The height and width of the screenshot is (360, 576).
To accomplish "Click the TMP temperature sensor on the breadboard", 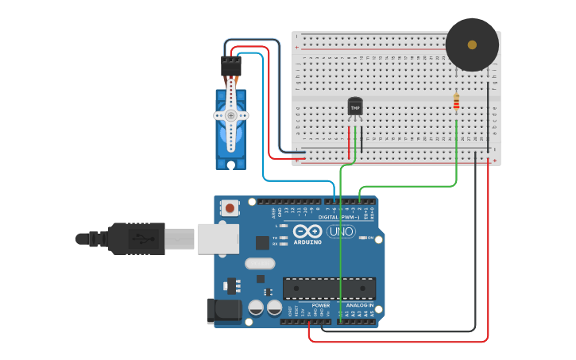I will [x=355, y=106].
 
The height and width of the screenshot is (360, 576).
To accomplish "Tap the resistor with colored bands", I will [x=456, y=102].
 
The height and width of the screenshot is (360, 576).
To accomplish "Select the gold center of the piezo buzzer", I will [x=472, y=45].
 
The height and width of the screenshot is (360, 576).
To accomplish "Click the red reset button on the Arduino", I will [x=230, y=208].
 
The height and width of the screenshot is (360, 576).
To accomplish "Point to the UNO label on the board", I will [x=341, y=232].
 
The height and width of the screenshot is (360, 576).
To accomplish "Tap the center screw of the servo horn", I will [x=231, y=115].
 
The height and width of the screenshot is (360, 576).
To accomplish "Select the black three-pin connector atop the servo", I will [x=231, y=67].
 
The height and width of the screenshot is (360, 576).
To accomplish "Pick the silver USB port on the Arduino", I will [x=216, y=238].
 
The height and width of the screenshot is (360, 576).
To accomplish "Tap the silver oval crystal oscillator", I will [x=260, y=264].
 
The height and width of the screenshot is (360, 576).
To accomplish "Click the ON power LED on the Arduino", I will [x=362, y=238].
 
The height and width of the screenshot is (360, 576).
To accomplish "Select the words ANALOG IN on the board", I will [x=359, y=305].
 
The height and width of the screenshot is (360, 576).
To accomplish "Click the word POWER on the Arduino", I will [x=320, y=305].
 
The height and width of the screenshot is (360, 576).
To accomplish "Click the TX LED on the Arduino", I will [x=283, y=238].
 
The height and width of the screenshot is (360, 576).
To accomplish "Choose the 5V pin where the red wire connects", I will [x=309, y=321].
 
